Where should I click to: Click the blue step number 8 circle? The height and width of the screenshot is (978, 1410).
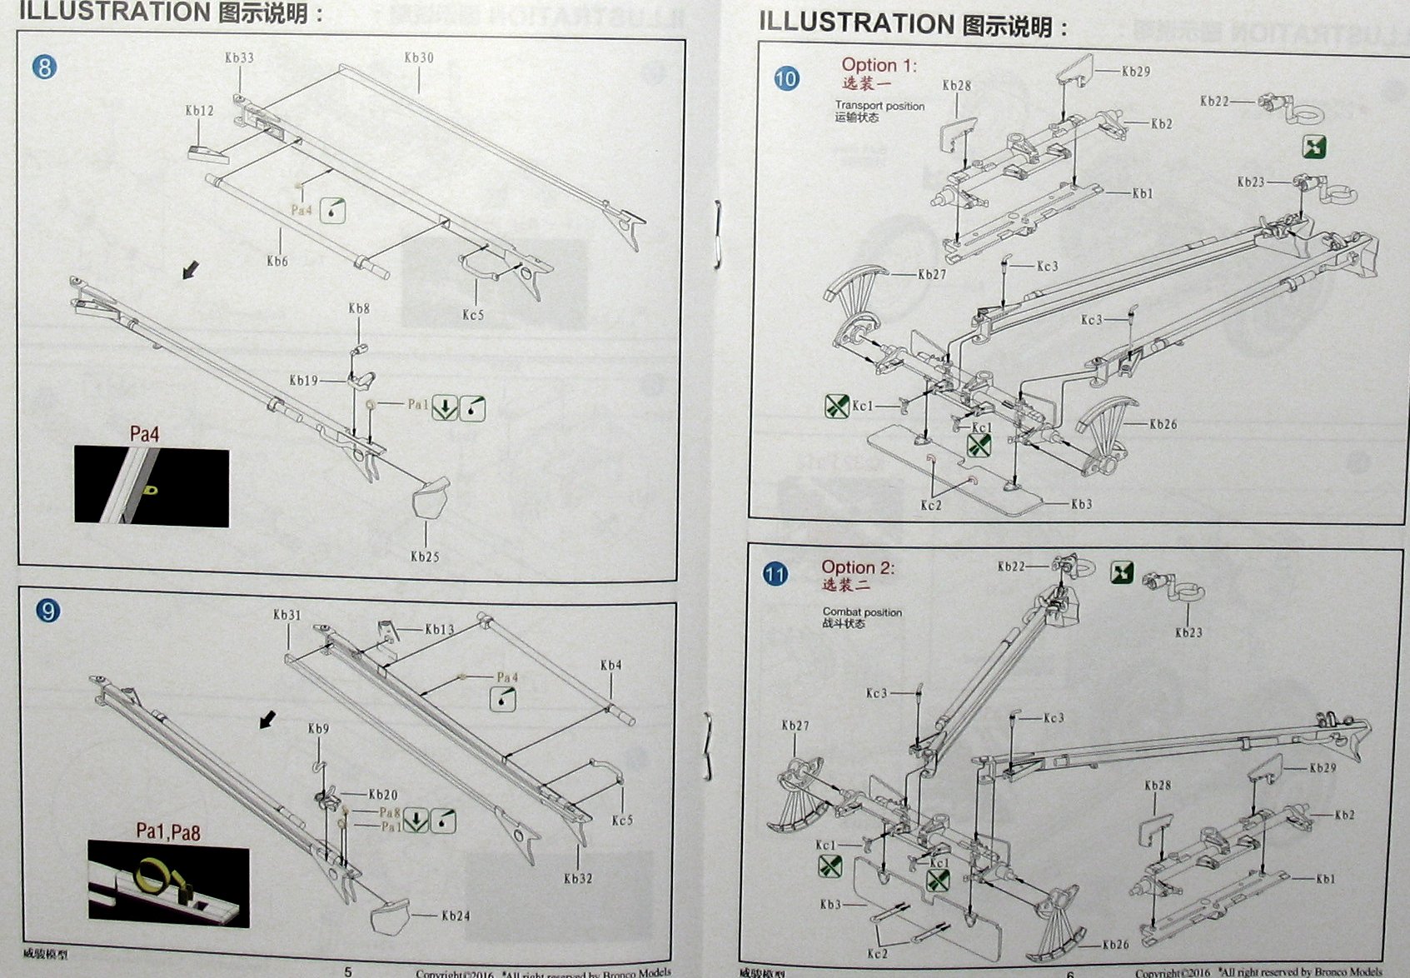[x=45, y=67]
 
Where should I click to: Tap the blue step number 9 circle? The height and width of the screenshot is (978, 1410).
[x=48, y=611]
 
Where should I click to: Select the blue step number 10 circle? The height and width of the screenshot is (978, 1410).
[x=786, y=79]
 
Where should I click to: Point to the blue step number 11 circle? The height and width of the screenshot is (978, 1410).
[x=775, y=574]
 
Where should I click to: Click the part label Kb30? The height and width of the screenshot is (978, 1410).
[x=419, y=57]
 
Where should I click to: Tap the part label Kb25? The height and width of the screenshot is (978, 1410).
[x=425, y=556]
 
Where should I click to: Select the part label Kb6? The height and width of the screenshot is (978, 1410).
[x=277, y=261]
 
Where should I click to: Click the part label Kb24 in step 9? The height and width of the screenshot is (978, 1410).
[x=456, y=916]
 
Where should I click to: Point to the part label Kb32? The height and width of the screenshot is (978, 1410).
[x=578, y=878]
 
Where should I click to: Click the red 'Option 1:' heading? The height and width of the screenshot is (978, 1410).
[x=879, y=65]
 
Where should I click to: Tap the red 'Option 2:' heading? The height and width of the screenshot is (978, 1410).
[x=858, y=567]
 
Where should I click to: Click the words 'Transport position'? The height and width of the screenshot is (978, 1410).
[x=879, y=106]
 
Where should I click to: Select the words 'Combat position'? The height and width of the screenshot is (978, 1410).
[x=862, y=611]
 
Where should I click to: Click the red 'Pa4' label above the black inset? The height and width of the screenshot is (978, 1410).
[x=144, y=434]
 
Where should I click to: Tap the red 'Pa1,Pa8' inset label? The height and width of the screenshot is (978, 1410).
[x=168, y=831]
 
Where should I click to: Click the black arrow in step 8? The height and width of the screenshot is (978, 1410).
[x=191, y=269]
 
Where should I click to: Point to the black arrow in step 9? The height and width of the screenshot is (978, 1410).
[x=267, y=719]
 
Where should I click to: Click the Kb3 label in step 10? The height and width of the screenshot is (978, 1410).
[x=1081, y=504]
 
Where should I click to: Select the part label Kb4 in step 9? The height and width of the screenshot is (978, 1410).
[x=610, y=665]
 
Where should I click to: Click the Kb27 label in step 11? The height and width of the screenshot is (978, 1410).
[x=795, y=726]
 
